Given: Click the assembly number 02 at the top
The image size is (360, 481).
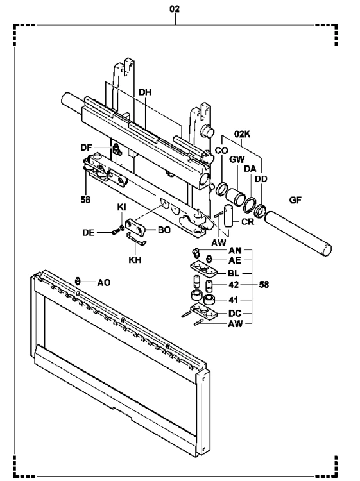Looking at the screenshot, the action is pos(175,9).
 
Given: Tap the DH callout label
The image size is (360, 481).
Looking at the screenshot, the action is pos(145,92).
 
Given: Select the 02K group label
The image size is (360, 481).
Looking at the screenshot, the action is pos(242,134).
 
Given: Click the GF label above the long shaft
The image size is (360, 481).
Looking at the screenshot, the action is pos(295,200).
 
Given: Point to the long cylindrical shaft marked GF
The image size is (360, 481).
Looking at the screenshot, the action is pos(298,233).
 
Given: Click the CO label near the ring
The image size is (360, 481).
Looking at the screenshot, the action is pos(221,150).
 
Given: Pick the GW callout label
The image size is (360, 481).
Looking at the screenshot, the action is pos(237,159).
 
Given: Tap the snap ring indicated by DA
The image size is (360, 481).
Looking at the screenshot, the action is pos(250,205).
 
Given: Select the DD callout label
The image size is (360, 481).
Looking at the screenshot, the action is pos(261,179).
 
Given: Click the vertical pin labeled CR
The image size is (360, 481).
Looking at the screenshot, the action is pos(228,216).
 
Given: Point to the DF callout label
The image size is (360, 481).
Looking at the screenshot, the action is pos(86,148).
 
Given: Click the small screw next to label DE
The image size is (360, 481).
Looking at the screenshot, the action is pos(115,233).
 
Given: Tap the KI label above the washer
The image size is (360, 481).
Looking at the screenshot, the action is pos(121,207).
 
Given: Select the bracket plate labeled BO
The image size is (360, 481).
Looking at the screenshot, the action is pos(135,228).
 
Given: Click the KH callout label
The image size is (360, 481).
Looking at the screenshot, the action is pos(135,260).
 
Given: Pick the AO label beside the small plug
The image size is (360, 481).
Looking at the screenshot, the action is pos(104,283).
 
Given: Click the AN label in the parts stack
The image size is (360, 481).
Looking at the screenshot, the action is pos(235,250).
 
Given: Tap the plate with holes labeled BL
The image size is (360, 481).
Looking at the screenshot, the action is pos(203,269).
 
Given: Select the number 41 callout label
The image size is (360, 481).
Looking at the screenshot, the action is pos(234,300).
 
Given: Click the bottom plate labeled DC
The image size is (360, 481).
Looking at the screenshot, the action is pos(204,311).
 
